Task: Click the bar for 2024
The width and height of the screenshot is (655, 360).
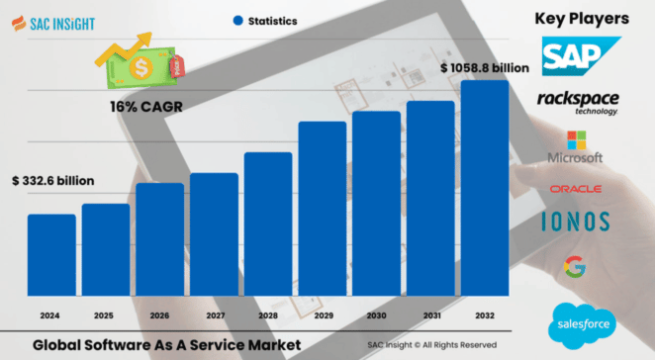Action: coord(51,254)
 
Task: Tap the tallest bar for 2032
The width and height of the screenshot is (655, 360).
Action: coord(485,187)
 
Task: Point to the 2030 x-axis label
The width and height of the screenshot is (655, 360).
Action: coord(376,315)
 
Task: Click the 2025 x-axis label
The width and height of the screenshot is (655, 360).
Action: coord(105,315)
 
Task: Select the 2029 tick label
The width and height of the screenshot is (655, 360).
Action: coord(323,315)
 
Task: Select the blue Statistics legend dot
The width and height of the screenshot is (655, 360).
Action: coord(237,20)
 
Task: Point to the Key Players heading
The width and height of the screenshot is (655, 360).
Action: coord(582,18)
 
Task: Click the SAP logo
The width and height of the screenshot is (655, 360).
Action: coord(579,55)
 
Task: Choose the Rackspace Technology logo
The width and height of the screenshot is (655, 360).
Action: coord(578,102)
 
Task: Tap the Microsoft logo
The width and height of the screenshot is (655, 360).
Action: coord(575,147)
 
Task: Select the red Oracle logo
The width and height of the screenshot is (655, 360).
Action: coord(576,188)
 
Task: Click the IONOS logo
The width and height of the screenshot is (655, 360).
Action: coord(575,222)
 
